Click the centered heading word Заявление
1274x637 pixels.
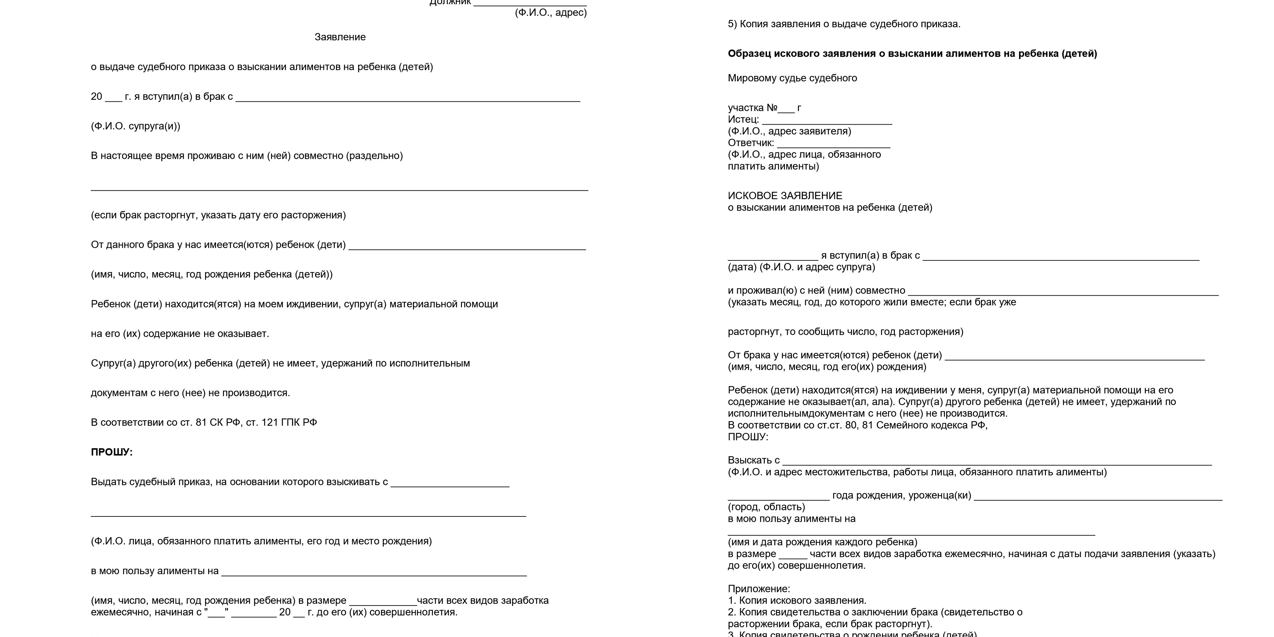pyautogui.click(x=340, y=37)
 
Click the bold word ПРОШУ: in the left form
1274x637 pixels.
pyautogui.click(x=112, y=452)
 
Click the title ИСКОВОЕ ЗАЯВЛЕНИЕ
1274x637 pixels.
pyautogui.click(x=785, y=196)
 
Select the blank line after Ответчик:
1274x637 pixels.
pyautogui.click(x=833, y=144)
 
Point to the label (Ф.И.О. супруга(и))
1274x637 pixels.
pyautogui.click(x=135, y=126)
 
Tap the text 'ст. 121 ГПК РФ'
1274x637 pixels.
pyautogui.click(x=281, y=422)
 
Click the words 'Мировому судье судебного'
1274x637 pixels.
pyautogui.click(x=792, y=78)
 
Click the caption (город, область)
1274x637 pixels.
pyautogui.click(x=766, y=507)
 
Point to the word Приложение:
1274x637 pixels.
pyautogui.click(x=759, y=589)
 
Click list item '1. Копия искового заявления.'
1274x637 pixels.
pyautogui.click(x=797, y=600)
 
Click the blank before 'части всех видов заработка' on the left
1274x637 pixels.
pyautogui.click(x=383, y=602)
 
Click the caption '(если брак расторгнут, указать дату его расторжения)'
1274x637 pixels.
pyautogui.click(x=218, y=215)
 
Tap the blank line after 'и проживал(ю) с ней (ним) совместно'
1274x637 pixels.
pyautogui.click(x=1063, y=292)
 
